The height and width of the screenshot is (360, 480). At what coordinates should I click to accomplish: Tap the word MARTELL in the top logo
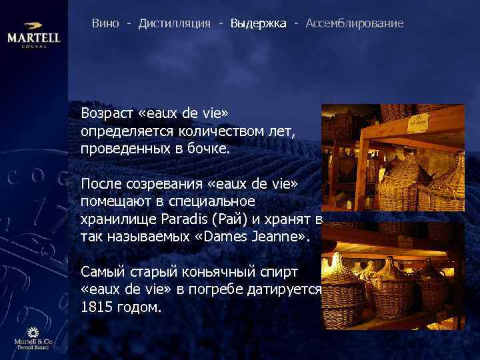(34, 38)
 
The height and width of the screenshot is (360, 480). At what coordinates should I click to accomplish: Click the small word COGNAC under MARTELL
(34, 47)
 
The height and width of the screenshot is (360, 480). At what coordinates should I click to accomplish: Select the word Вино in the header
(105, 23)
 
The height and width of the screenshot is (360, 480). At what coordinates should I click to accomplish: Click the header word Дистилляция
(175, 23)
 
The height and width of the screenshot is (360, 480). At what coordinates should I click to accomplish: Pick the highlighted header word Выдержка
(259, 23)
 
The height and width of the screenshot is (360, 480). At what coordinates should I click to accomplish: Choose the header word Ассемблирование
(355, 23)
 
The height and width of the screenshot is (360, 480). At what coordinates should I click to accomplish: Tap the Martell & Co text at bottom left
(33, 342)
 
